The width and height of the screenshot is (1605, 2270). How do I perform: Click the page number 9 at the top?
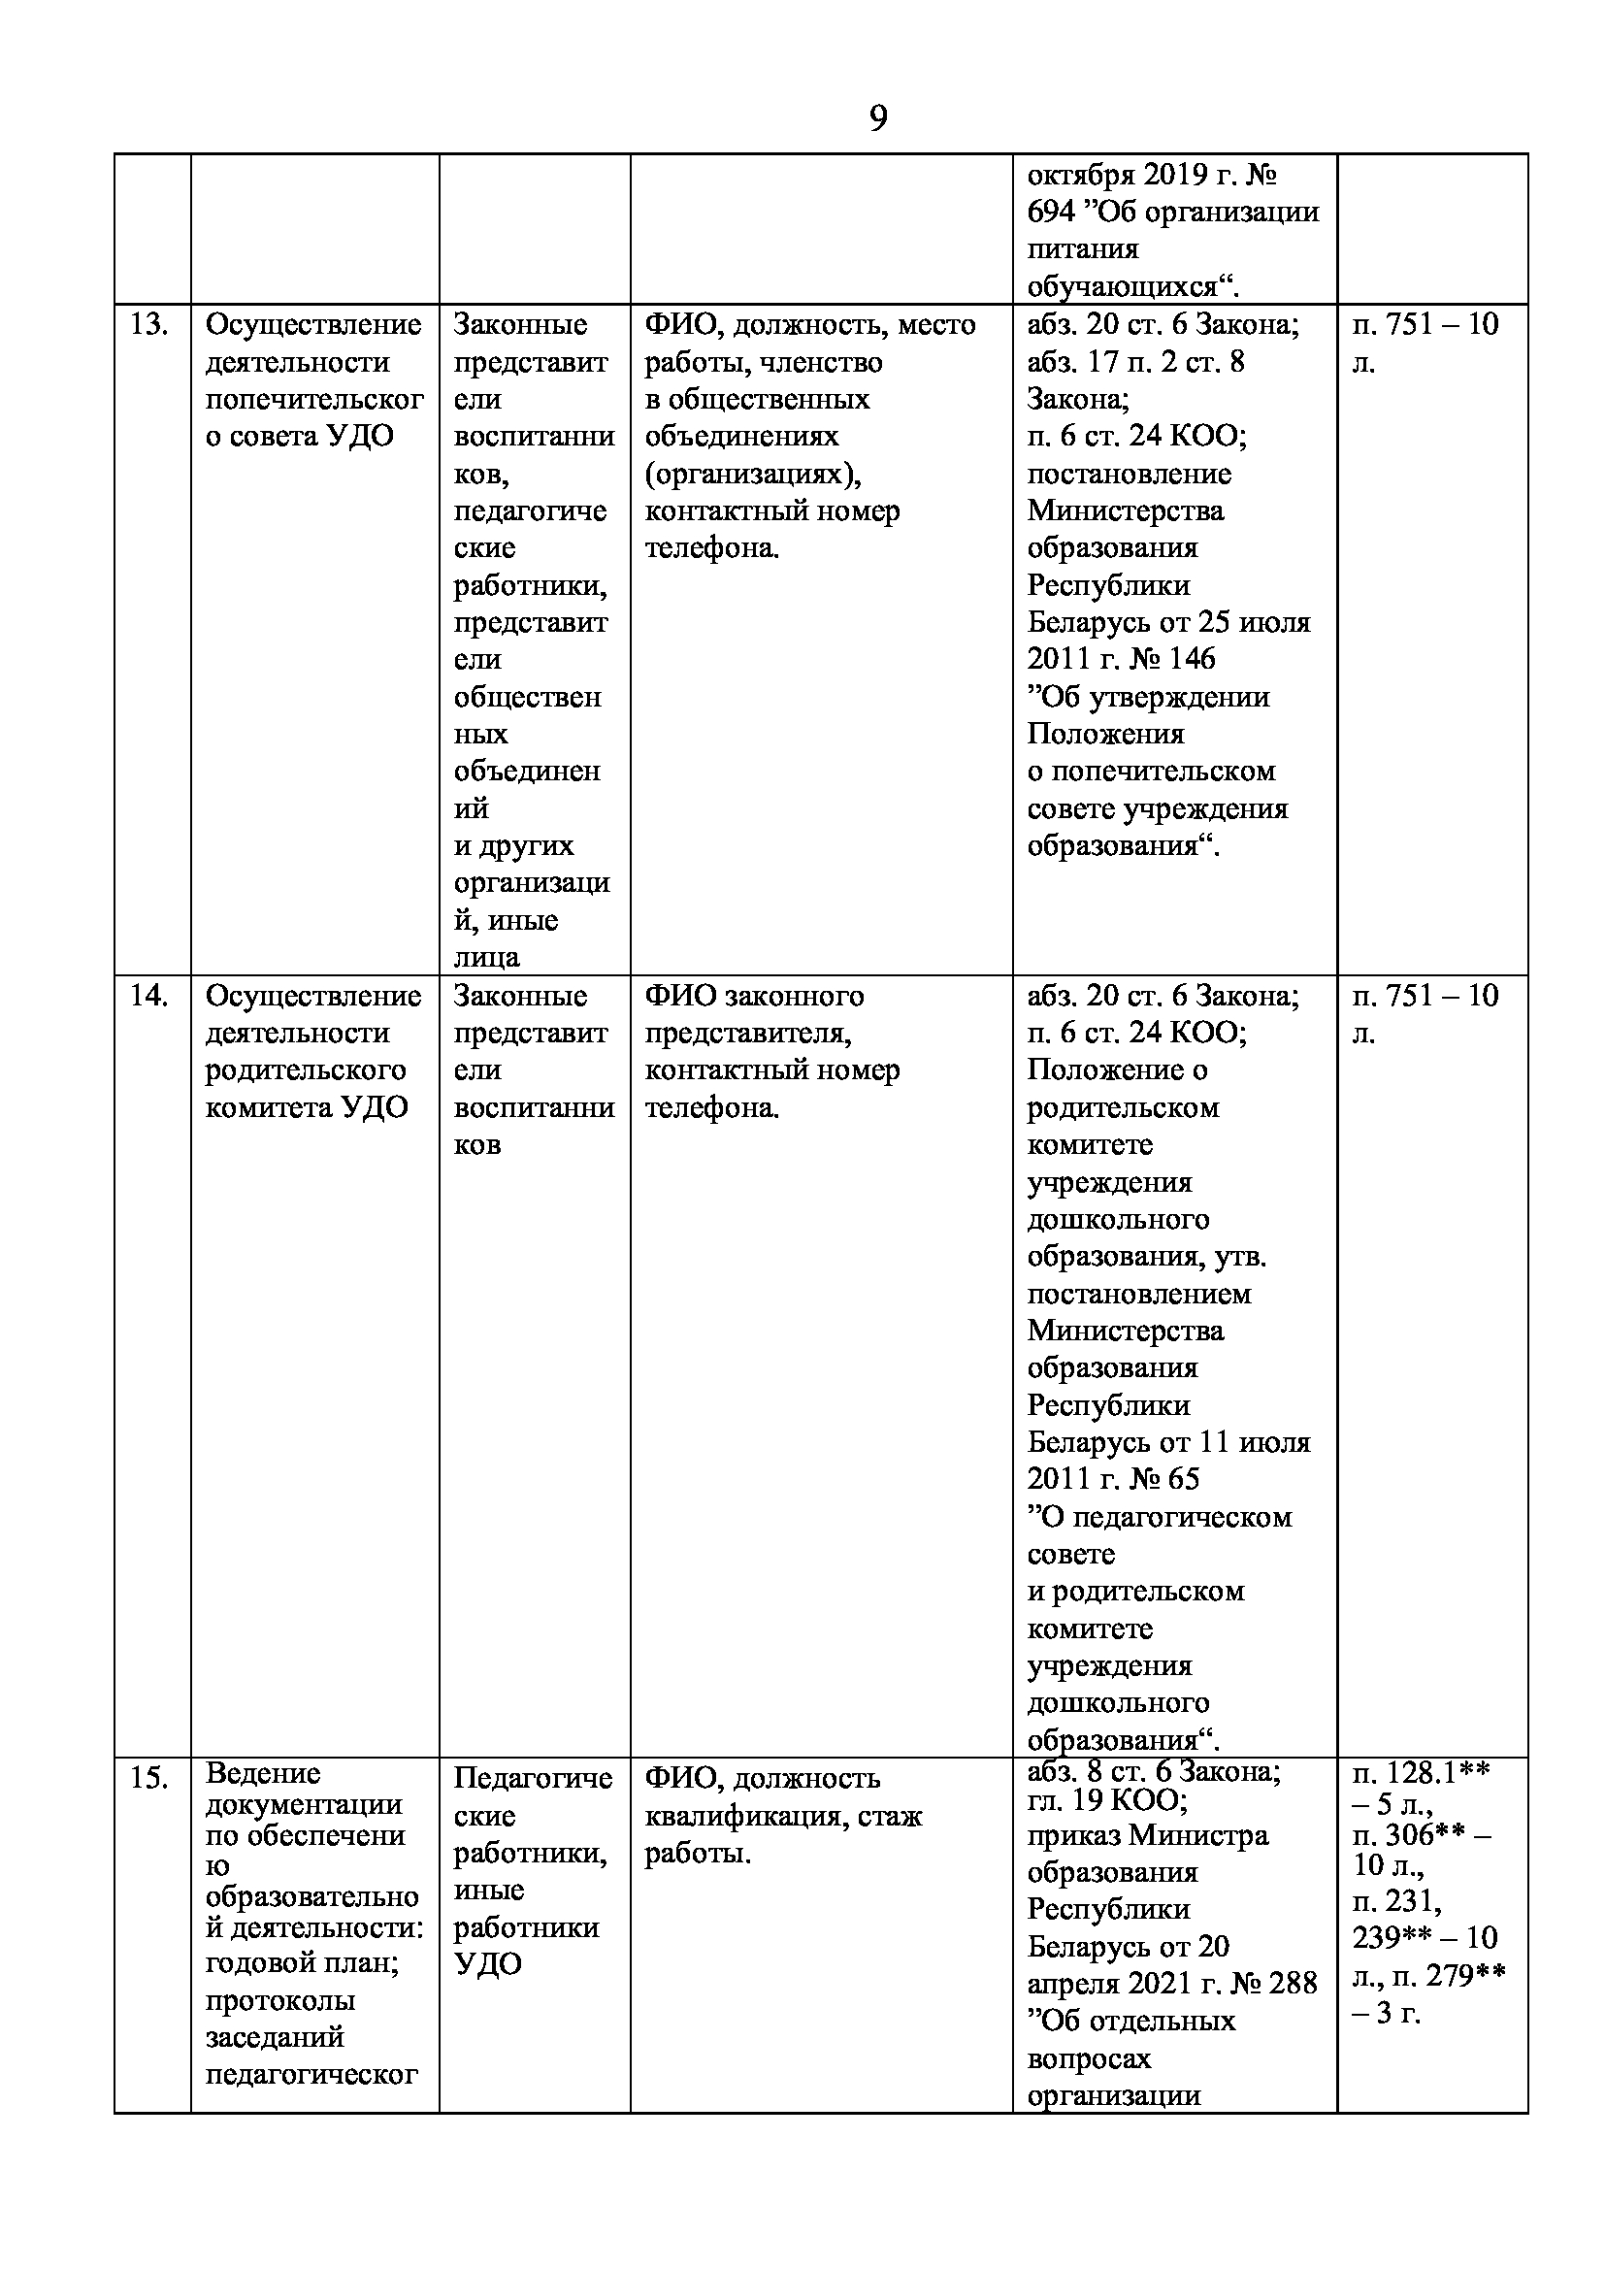[877, 118]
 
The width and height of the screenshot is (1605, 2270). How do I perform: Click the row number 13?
[148, 325]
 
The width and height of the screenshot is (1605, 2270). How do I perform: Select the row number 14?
[148, 996]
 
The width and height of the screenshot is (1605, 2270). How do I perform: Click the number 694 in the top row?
[1051, 213]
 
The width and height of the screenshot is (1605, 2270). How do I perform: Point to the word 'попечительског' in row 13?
[314, 400]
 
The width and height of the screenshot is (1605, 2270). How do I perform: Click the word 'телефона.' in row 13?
[711, 547]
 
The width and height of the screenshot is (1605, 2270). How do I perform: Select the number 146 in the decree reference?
[1191, 659]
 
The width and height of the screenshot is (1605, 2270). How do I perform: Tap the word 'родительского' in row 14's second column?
[306, 1070]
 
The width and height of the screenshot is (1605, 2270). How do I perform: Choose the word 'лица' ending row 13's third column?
[486, 957]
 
